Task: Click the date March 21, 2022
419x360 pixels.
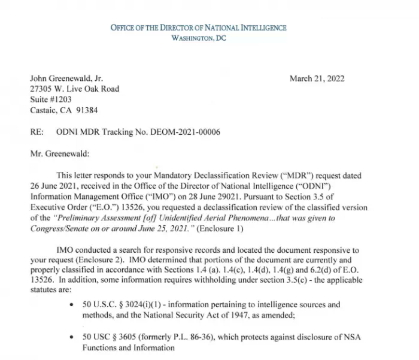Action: pyautogui.click(x=317, y=78)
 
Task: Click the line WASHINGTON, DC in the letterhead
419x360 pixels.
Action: pyautogui.click(x=198, y=38)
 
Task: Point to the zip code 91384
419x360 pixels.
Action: pyautogui.click(x=87, y=110)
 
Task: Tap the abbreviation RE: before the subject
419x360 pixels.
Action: pyautogui.click(x=37, y=132)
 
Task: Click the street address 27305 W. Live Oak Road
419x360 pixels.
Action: pyautogui.click(x=74, y=89)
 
